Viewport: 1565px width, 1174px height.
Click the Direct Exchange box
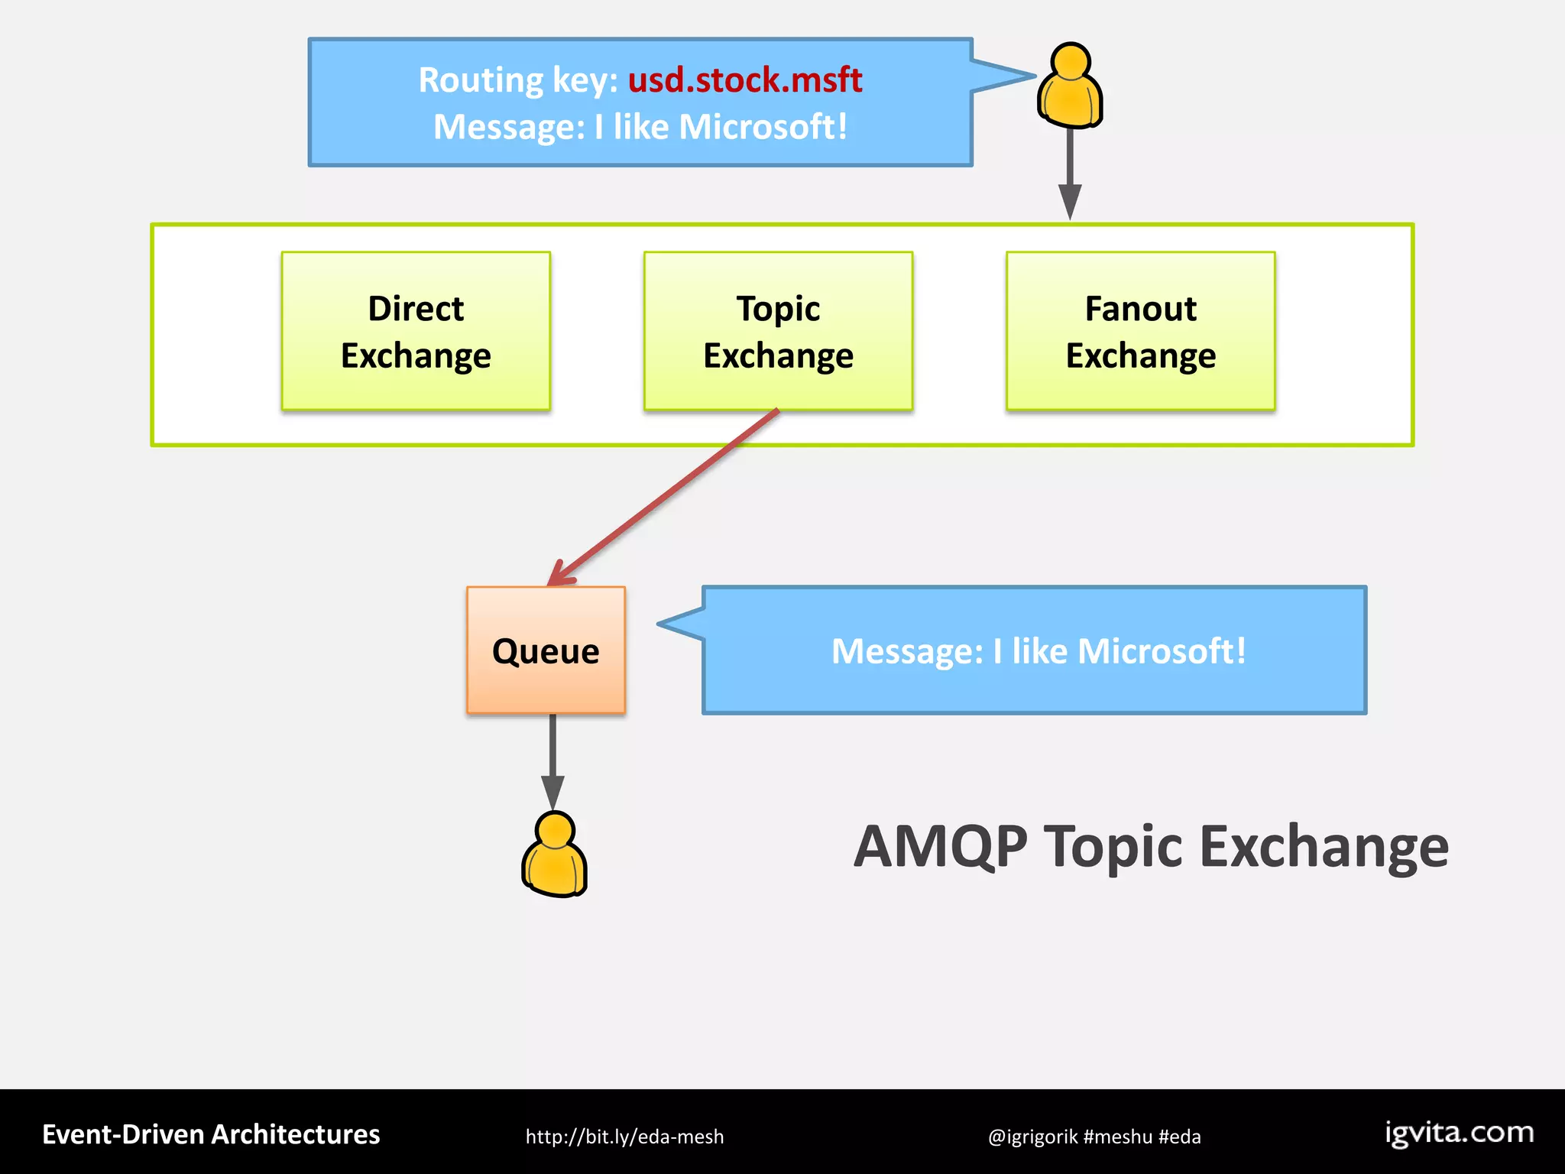(x=416, y=331)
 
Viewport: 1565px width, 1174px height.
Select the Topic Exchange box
(x=778, y=331)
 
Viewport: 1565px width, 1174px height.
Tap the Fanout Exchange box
(x=1140, y=331)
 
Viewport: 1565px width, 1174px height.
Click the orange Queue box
(x=546, y=650)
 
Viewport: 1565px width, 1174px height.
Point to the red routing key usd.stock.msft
(x=745, y=79)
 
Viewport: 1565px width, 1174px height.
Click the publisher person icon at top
(x=1070, y=86)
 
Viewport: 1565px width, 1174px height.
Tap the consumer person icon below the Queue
(x=554, y=855)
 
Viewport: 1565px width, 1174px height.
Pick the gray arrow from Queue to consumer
(x=552, y=761)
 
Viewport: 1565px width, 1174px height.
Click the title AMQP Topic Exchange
(x=1151, y=847)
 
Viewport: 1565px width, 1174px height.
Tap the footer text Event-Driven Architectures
(x=211, y=1134)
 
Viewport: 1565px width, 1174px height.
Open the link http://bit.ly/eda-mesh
(x=624, y=1137)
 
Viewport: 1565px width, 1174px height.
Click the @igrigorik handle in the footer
(x=1032, y=1137)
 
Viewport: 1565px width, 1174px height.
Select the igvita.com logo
(x=1459, y=1132)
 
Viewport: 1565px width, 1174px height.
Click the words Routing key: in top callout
(x=518, y=79)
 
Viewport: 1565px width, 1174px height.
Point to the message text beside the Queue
(x=1038, y=651)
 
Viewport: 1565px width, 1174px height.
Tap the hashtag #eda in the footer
(x=1180, y=1137)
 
